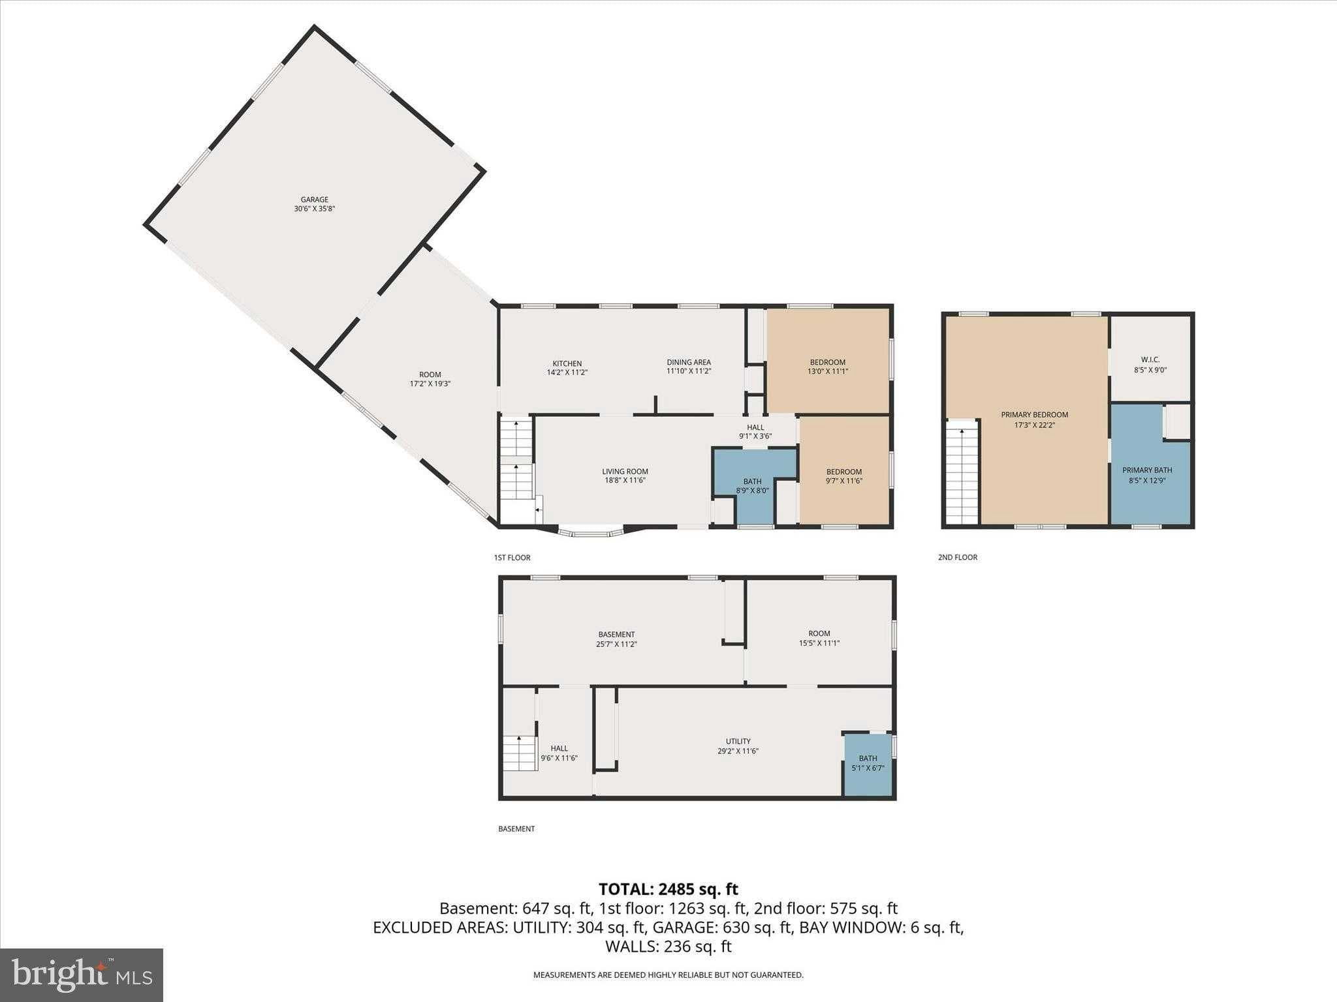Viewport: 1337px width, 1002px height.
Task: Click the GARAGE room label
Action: point(314,204)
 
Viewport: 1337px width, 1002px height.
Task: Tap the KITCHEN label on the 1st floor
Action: point(567,367)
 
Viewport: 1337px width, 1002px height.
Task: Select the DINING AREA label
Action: point(688,367)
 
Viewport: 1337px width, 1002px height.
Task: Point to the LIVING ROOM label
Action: point(625,476)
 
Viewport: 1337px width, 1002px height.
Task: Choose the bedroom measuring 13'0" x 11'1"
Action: point(827,367)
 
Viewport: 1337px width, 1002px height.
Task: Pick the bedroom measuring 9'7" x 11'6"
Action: point(843,476)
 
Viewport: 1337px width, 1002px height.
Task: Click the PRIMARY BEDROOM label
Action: point(1034,419)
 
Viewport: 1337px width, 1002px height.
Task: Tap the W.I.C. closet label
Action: point(1150,364)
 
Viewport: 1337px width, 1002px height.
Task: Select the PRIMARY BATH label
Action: point(1147,474)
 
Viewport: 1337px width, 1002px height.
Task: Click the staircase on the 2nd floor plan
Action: point(962,473)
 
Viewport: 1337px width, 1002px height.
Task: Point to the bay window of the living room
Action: point(591,532)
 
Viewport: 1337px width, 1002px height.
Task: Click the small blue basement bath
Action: point(868,763)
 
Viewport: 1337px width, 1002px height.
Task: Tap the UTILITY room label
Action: point(738,746)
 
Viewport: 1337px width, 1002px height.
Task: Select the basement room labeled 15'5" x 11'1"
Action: point(819,637)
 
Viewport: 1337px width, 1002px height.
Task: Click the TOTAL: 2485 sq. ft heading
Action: point(668,889)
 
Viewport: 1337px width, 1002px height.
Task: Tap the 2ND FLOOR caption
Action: point(957,557)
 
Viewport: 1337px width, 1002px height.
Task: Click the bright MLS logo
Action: point(82,975)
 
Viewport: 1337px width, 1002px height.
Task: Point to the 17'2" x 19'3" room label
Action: point(430,379)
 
